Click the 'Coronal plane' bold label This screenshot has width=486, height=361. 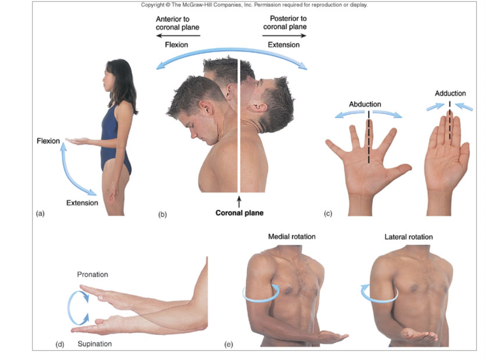(239, 213)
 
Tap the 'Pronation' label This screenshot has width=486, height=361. (92, 274)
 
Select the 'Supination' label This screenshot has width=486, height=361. (94, 344)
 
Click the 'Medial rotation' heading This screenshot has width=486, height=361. (291, 236)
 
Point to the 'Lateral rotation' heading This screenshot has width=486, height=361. (408, 237)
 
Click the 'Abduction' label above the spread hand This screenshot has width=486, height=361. (365, 104)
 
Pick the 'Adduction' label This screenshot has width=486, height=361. (450, 93)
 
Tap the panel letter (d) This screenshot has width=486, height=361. (60, 344)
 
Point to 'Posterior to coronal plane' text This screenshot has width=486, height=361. (285, 23)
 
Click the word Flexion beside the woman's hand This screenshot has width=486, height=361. (48, 141)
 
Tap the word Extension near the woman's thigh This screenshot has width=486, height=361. (82, 203)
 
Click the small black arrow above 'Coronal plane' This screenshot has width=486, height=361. (239, 202)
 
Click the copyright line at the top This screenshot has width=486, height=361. (254, 5)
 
